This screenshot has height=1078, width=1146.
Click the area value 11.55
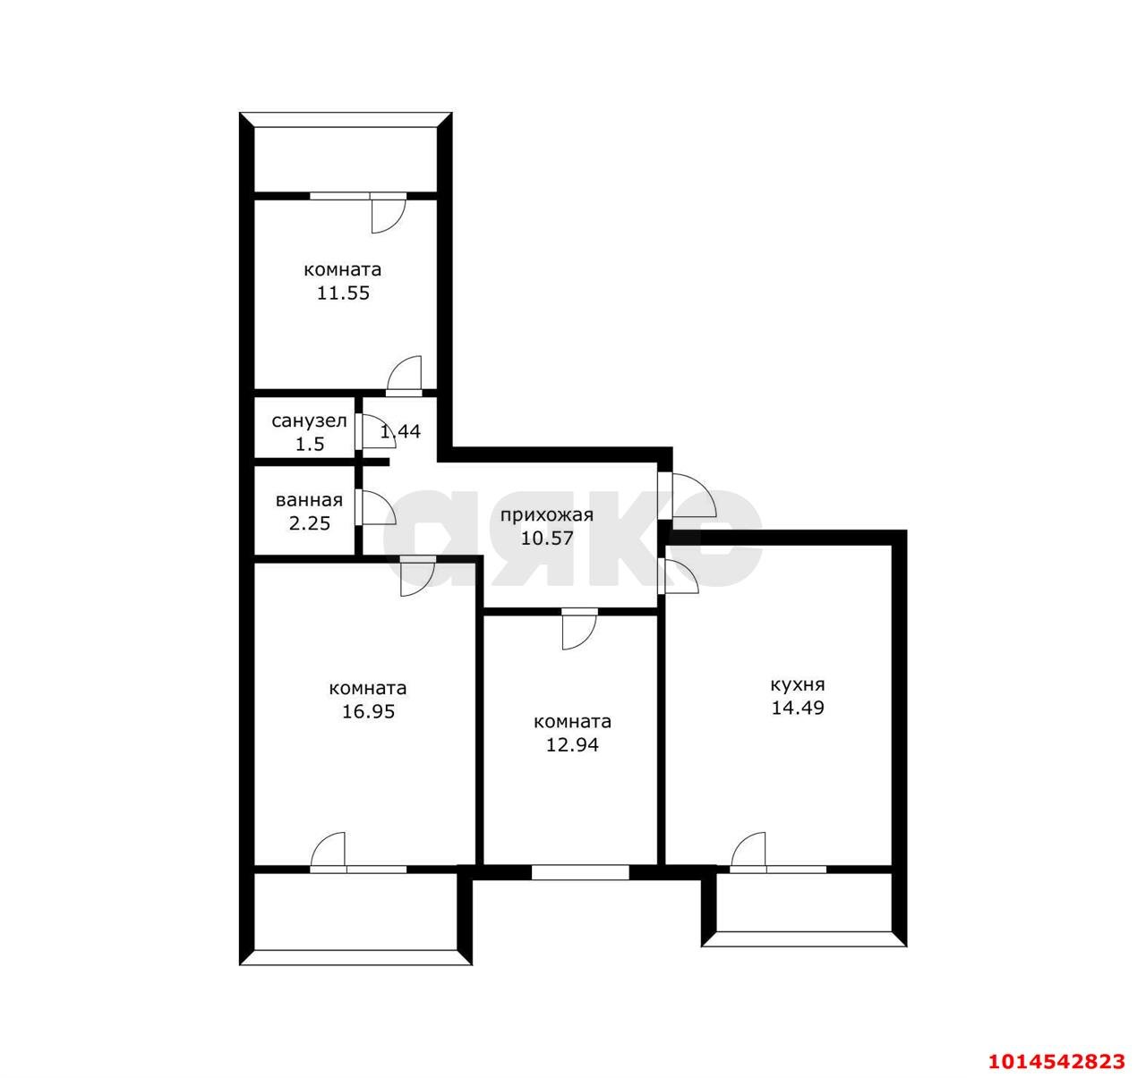tap(343, 293)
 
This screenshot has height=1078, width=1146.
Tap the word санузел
tap(309, 421)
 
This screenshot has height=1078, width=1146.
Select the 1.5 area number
tap(310, 444)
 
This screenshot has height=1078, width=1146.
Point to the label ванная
tap(309, 500)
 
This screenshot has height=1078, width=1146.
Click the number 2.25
tap(309, 523)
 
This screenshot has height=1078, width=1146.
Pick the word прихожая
tap(546, 515)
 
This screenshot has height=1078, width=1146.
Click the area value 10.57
tap(546, 539)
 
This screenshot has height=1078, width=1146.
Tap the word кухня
tap(798, 684)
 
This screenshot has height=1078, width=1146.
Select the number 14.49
tap(798, 708)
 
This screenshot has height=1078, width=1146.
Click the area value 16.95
tap(368, 712)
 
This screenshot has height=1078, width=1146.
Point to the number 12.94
tap(572, 745)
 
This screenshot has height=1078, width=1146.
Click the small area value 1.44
tap(400, 431)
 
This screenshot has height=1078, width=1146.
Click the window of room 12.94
tap(580, 872)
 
